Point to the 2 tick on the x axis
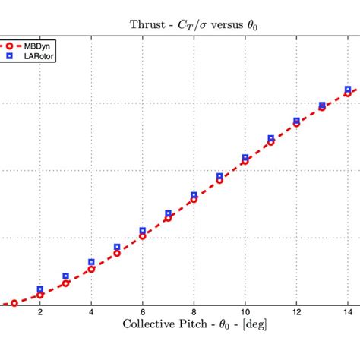tap(39, 312)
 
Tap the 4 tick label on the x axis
tap(91, 312)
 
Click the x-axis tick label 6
tap(142, 312)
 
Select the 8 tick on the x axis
tap(194, 312)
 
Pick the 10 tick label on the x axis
tap(245, 312)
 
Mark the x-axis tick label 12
tap(296, 312)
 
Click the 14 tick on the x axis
tap(348, 312)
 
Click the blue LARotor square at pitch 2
tap(39, 289)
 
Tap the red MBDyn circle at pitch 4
tap(91, 269)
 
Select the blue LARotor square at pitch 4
tap(91, 262)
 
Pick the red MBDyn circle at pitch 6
tap(142, 236)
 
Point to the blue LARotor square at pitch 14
tap(348, 90)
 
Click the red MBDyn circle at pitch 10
tap(245, 161)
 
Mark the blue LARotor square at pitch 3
tap(65, 276)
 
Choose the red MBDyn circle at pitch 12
tap(296, 123)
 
